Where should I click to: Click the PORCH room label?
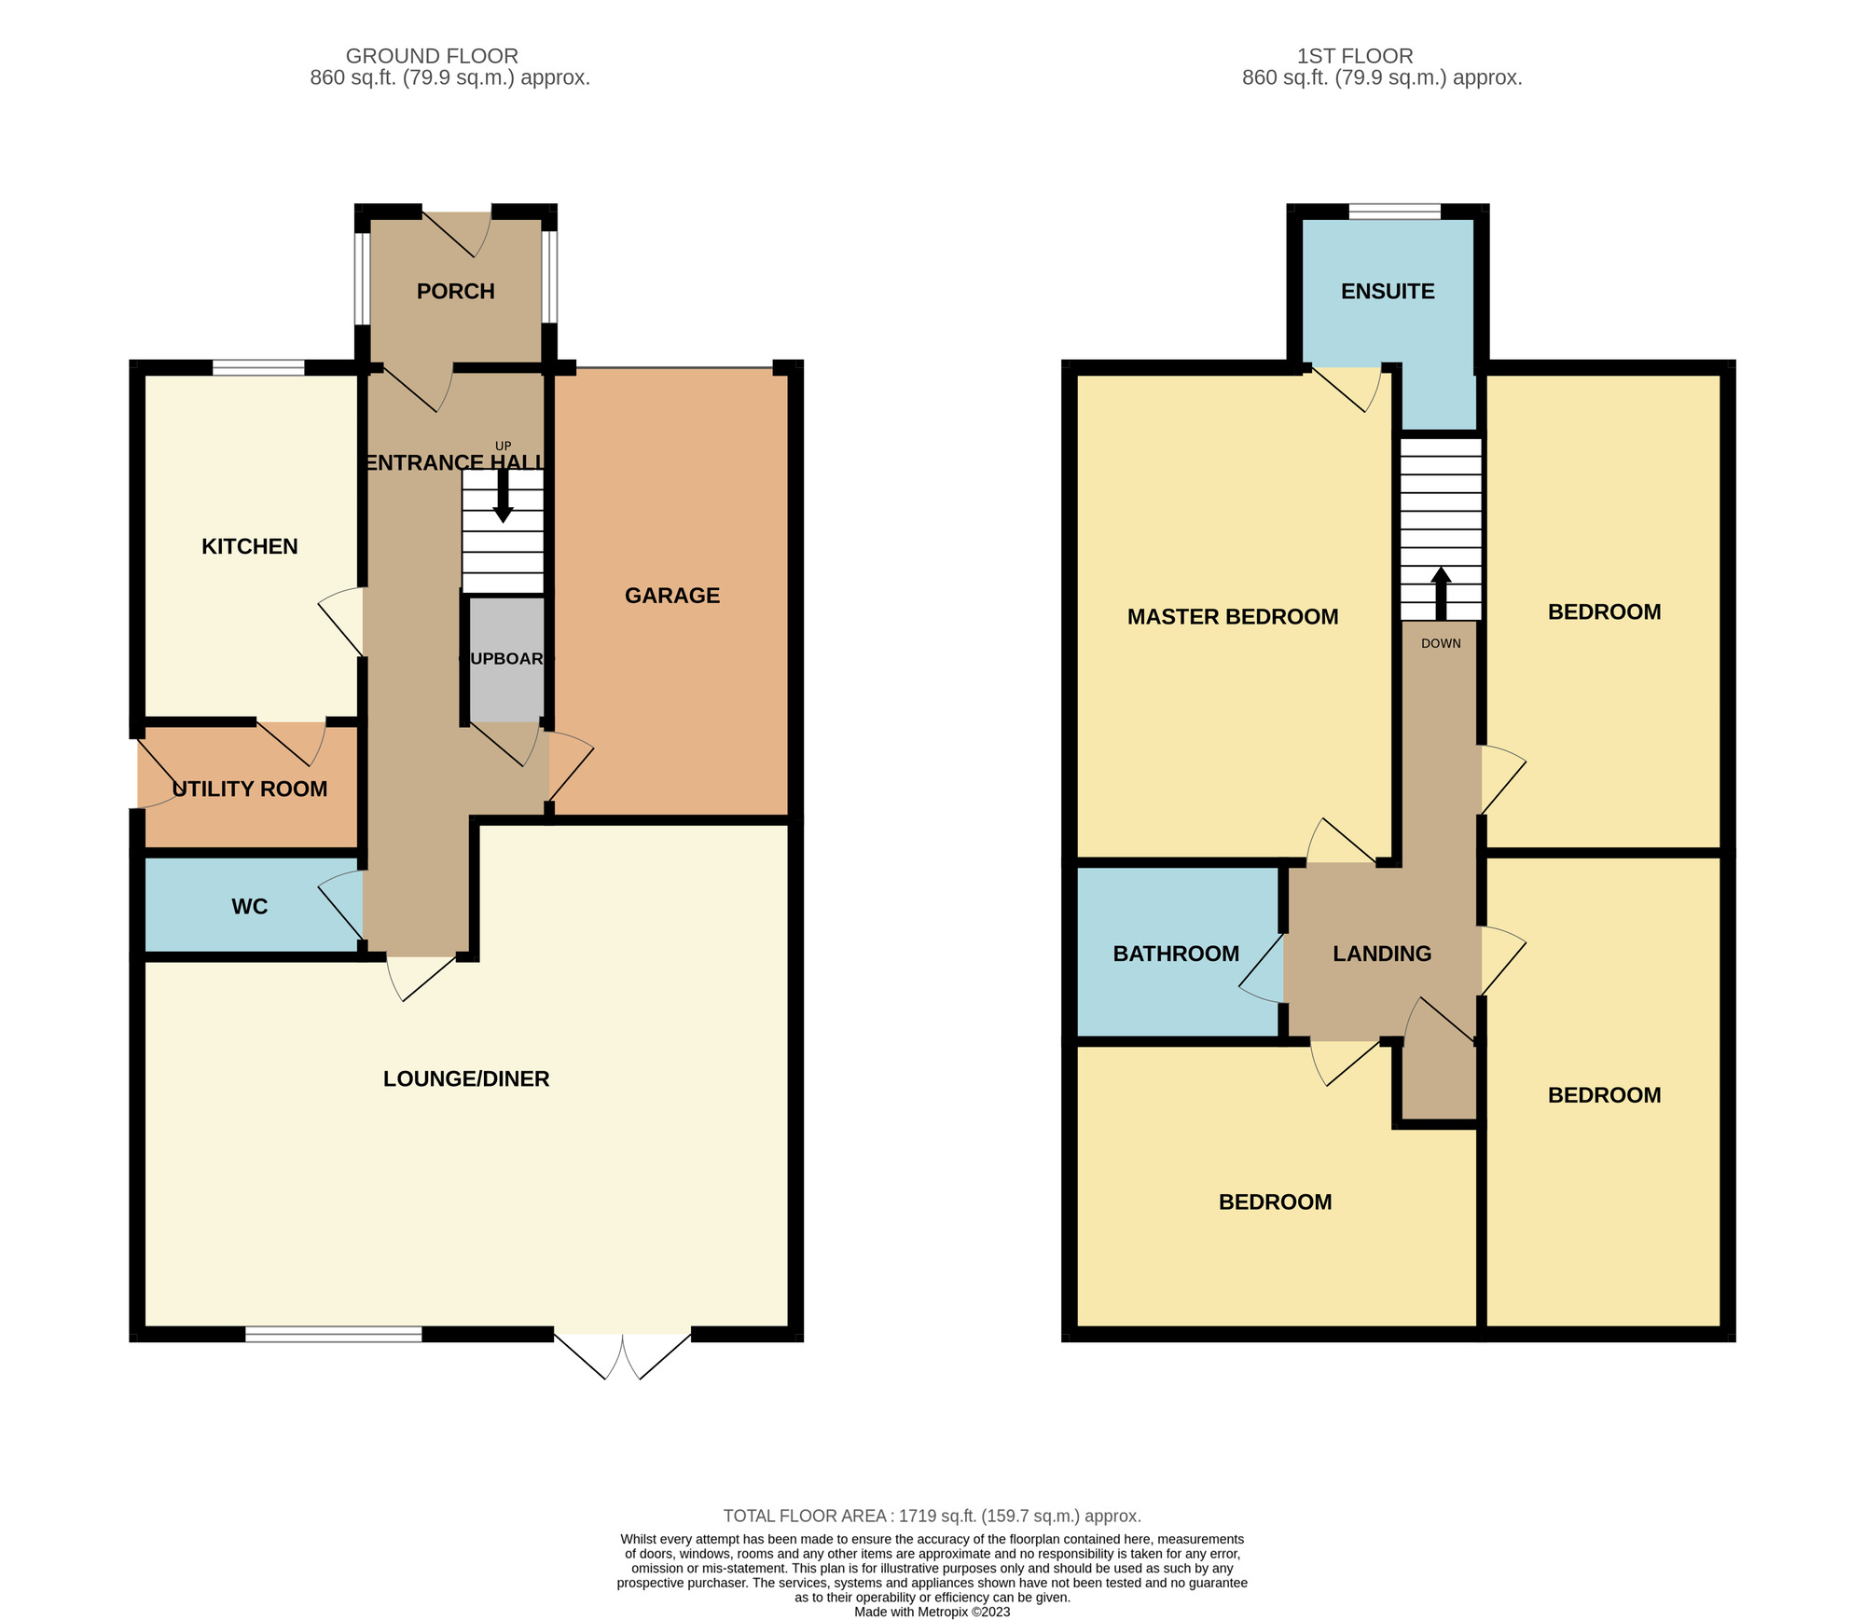[455, 292]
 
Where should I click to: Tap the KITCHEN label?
[250, 547]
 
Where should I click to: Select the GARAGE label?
[671, 596]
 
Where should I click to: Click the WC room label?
[249, 907]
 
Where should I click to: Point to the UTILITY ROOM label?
[250, 789]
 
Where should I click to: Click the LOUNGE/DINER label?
[466, 1079]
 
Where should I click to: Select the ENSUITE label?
[1388, 292]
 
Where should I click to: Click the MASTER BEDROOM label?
[1233, 617]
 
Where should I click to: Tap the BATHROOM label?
[1176, 954]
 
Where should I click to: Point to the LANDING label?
[1382, 954]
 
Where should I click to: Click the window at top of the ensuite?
[1394, 212]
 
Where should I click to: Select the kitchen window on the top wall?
[258, 367]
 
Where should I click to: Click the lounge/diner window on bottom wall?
[333, 1335]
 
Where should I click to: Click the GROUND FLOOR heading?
[432, 56]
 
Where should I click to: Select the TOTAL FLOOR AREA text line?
[932, 1517]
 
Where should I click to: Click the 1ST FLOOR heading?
[1355, 56]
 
